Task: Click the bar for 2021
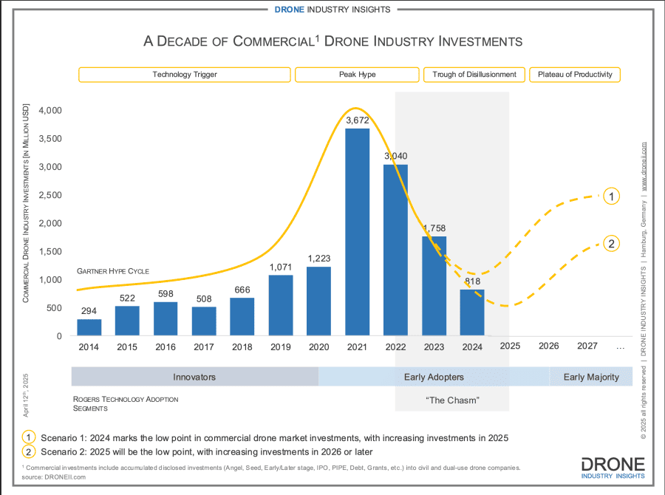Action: (x=357, y=233)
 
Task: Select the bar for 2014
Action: (x=89, y=327)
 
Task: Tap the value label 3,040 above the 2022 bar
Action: (x=395, y=156)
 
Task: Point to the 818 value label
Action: (x=471, y=281)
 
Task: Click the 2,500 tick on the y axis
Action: (x=50, y=195)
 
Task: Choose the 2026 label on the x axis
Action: (x=548, y=345)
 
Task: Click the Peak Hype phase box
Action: (x=357, y=75)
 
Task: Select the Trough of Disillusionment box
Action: (x=474, y=75)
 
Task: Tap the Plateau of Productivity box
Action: (x=575, y=75)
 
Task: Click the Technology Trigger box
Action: (x=185, y=75)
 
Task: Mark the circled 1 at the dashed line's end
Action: (x=611, y=196)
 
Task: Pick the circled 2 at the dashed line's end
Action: (x=611, y=243)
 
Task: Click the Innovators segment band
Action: (x=194, y=377)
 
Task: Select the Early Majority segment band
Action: (x=590, y=377)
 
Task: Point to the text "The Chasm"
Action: (x=453, y=400)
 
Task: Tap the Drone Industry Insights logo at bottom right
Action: (x=613, y=467)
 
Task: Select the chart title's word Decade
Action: (x=188, y=41)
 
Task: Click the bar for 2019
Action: (x=280, y=305)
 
